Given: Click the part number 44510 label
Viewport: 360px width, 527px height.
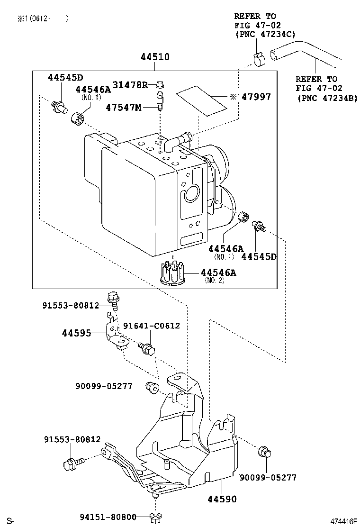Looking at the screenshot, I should coord(155,57).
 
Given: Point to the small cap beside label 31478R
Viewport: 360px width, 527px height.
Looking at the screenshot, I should coord(160,85).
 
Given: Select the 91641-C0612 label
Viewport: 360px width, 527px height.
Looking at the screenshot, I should coord(152,326).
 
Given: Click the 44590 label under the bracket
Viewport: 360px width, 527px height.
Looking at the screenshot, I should coord(221,499).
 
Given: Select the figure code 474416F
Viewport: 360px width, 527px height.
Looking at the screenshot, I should coord(343,521).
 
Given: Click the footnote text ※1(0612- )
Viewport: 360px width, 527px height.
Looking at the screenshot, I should coord(43,18).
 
